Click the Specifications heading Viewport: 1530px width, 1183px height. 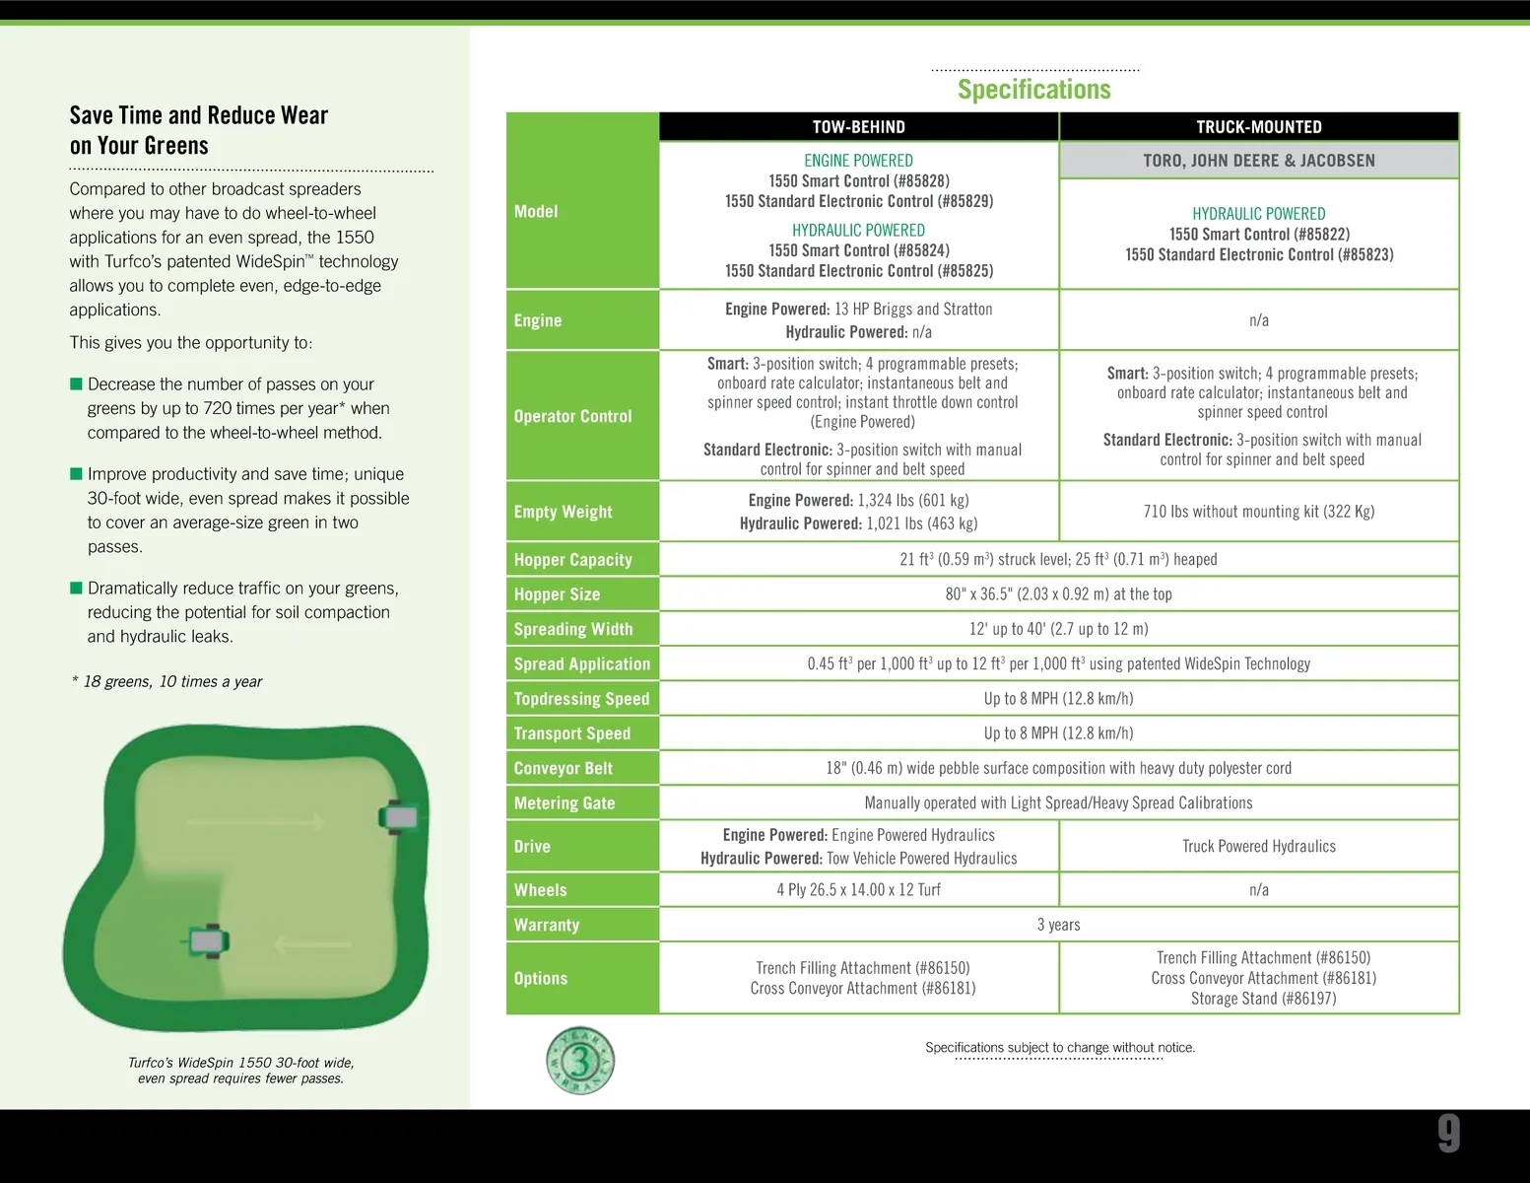pyautogui.click(x=1033, y=90)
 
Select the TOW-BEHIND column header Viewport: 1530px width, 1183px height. pyautogui.click(x=858, y=127)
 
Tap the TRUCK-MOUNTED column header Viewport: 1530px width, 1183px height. pyautogui.click(x=1258, y=127)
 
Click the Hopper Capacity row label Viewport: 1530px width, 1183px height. pyautogui.click(x=572, y=560)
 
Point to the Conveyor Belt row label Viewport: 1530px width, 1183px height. pyautogui.click(x=563, y=769)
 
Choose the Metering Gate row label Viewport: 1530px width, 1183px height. pyautogui.click(x=564, y=803)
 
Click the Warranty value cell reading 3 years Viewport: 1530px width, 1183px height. pyautogui.click(x=1058, y=925)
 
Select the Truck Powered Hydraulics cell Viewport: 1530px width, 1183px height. pyautogui.click(x=1258, y=847)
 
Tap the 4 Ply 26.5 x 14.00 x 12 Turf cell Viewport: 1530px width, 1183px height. pyautogui.click(x=858, y=890)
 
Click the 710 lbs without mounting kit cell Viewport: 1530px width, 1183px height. pyautogui.click(x=1258, y=512)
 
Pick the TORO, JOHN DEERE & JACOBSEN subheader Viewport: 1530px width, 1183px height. pyautogui.click(x=1258, y=161)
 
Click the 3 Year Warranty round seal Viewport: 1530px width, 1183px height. pyautogui.click(x=580, y=1061)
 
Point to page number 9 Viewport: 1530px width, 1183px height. pyautogui.click(x=1448, y=1134)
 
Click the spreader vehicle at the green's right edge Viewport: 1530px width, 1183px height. pyautogui.click(x=399, y=817)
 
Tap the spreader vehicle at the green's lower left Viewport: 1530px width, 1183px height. pyautogui.click(x=208, y=941)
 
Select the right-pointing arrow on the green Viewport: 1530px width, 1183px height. pyautogui.click(x=256, y=822)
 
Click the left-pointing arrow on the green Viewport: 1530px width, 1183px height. pyautogui.click(x=311, y=945)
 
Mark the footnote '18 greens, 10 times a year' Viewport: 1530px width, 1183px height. pyautogui.click(x=167, y=682)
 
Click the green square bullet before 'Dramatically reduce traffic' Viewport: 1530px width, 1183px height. pyautogui.click(x=76, y=589)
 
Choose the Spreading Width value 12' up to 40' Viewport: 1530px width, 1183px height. pyautogui.click(x=1058, y=629)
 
